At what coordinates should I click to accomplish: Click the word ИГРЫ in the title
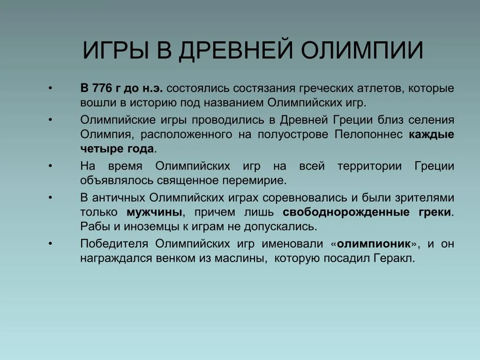(116, 50)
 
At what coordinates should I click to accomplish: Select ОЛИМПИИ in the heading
(362, 50)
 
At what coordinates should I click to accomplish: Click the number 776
(102, 88)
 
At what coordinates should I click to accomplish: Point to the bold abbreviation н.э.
(152, 89)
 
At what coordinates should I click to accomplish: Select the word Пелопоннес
(368, 135)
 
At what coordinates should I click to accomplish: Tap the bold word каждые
(431, 135)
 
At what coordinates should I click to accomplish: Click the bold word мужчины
(155, 212)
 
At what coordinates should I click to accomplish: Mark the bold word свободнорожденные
(346, 212)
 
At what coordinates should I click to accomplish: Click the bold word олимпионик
(374, 244)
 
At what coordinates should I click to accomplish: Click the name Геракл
(394, 258)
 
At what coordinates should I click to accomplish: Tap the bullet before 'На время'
(50, 166)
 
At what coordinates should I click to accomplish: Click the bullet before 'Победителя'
(50, 244)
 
